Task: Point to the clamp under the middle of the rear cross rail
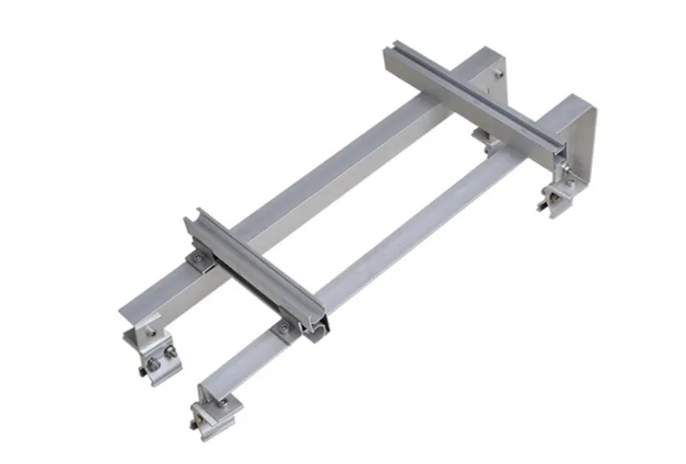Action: coord(484,138)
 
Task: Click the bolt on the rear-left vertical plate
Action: coord(497,67)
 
